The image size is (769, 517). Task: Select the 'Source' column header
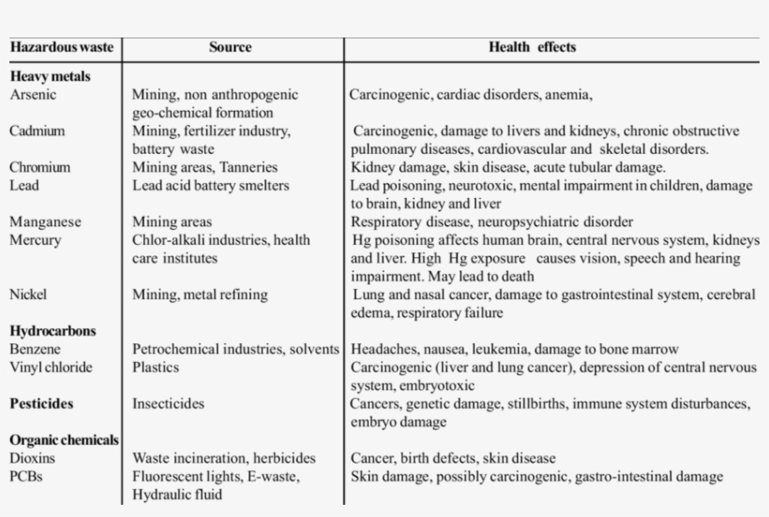(231, 47)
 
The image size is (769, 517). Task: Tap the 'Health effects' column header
(532, 47)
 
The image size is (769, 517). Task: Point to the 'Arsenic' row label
(34, 95)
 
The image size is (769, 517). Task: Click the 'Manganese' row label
(46, 222)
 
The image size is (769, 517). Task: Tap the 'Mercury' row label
(36, 240)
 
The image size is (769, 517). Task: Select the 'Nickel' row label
(29, 295)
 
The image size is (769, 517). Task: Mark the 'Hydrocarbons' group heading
(53, 331)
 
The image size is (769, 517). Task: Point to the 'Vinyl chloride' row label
(52, 367)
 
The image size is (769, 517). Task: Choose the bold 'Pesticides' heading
(42, 404)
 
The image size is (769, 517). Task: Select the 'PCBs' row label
(27, 477)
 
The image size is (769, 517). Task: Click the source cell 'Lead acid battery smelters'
(211, 186)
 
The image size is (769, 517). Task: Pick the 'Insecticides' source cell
(169, 404)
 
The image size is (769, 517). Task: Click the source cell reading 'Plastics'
(156, 367)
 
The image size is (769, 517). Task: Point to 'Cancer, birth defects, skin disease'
(453, 459)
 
